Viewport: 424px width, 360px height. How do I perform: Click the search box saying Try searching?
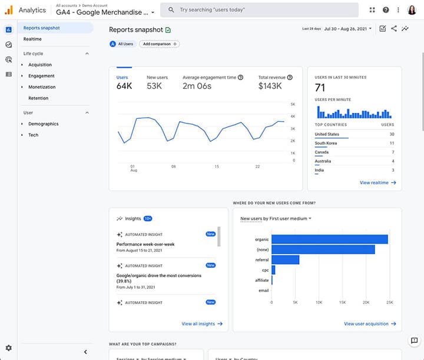(259, 10)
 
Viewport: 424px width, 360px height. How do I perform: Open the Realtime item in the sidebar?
(32, 39)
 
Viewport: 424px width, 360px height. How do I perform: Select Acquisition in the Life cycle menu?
(40, 65)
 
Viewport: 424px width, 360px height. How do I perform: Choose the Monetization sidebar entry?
(42, 87)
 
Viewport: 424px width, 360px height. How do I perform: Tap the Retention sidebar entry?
(38, 98)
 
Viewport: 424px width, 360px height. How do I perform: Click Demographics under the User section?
(44, 124)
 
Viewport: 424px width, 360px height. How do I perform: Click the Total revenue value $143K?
(270, 86)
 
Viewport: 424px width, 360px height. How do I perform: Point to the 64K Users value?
(124, 86)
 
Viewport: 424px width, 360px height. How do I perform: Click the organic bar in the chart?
(329, 239)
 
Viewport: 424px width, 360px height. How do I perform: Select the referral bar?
(285, 259)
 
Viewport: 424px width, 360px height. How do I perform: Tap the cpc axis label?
(265, 270)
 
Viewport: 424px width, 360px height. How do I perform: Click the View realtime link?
(377, 183)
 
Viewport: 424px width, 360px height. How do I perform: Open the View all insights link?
(202, 324)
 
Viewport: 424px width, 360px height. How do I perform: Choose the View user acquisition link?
(370, 324)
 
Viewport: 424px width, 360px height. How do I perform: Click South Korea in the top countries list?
(326, 143)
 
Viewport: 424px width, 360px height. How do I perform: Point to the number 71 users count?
(320, 88)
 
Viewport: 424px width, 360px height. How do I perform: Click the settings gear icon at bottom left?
(8, 348)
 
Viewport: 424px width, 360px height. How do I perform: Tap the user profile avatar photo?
(412, 10)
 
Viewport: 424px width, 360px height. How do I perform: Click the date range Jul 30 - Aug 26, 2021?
(347, 29)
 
